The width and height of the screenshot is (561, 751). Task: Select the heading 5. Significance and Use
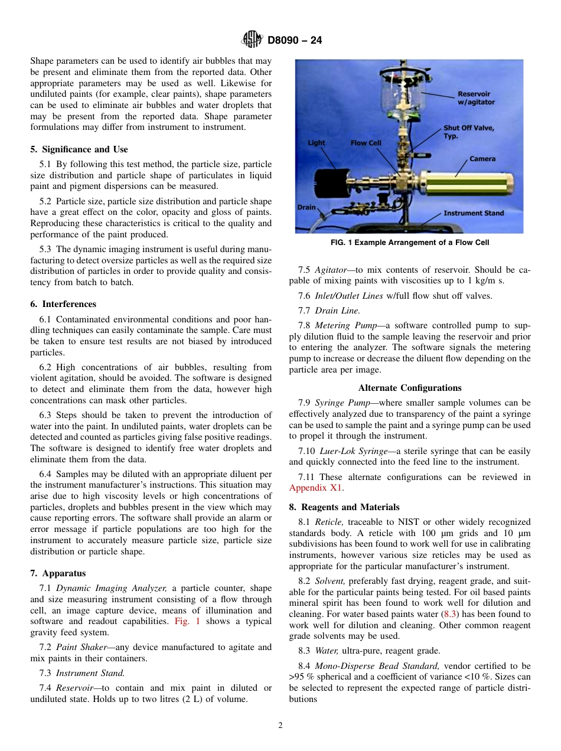(79, 149)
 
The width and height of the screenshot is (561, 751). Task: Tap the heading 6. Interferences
(63, 304)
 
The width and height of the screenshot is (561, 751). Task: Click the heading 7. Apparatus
(58, 573)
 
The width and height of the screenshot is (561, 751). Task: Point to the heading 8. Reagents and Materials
(344, 507)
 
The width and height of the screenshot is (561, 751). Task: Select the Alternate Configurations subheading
(409, 388)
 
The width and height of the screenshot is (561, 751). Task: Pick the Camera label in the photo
(482, 159)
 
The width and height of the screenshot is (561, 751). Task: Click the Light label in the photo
(317, 143)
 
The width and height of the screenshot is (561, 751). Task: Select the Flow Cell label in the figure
(366, 143)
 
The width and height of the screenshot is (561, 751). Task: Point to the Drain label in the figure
(306, 207)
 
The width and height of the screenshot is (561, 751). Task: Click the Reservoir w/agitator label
(475, 98)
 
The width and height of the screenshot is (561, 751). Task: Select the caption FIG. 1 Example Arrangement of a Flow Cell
(409, 243)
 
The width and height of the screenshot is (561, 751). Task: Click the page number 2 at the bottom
(280, 726)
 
